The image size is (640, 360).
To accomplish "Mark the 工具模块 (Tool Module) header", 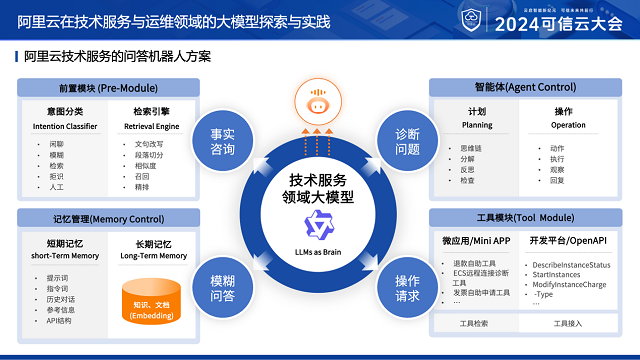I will coord(510,218).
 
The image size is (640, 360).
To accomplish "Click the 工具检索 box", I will coord(474,323).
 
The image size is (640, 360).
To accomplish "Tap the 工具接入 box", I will coord(567,323).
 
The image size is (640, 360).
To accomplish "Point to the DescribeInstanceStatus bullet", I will coord(571,264).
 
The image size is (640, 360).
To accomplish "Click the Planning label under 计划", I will coord(476,126).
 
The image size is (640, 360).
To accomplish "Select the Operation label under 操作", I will coord(568,126).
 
